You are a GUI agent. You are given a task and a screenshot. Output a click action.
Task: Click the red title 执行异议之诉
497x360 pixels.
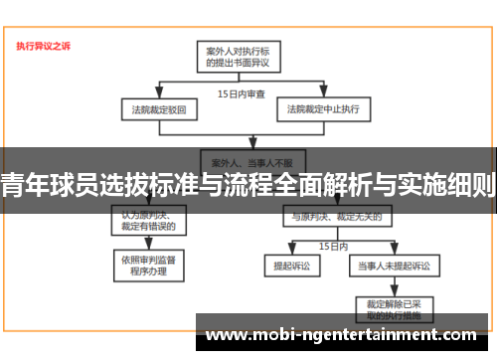(x=43, y=45)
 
